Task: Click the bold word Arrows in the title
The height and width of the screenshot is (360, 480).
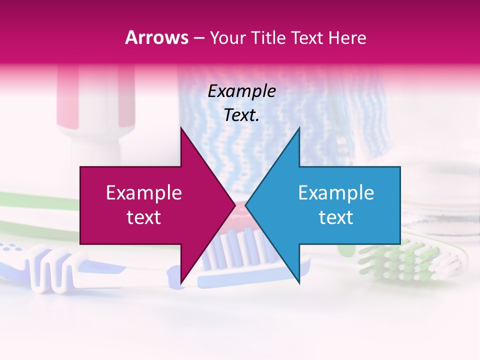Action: tap(156, 37)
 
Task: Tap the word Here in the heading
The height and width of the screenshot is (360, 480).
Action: tap(347, 37)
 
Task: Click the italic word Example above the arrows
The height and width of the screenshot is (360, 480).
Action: tap(241, 91)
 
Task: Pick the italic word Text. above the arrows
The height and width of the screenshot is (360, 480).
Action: tap(241, 115)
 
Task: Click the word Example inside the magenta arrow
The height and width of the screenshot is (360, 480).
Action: tap(143, 193)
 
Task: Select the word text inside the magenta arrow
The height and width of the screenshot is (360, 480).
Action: tap(143, 217)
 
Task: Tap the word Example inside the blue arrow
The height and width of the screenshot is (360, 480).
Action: tap(336, 193)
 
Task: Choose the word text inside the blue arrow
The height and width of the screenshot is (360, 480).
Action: tap(336, 217)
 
